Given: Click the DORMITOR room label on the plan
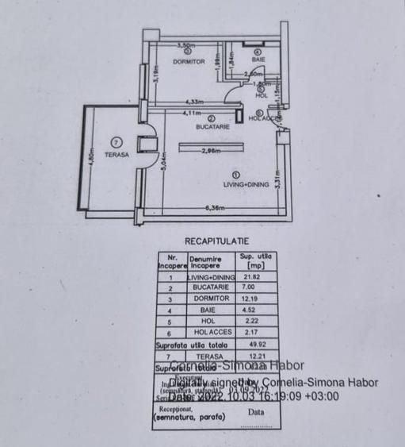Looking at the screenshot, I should coord(188,61).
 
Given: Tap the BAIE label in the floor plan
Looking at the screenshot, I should coord(258,60).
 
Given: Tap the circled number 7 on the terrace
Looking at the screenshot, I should coord(117,142).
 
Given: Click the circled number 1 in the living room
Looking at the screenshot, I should coord(235,174).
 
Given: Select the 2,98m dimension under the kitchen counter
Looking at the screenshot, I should coord(210,151).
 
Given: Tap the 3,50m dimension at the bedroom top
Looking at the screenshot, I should coord(186,46).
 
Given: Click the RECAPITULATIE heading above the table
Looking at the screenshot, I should coord(216,240).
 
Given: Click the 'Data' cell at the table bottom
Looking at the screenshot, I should coord(256,413).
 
